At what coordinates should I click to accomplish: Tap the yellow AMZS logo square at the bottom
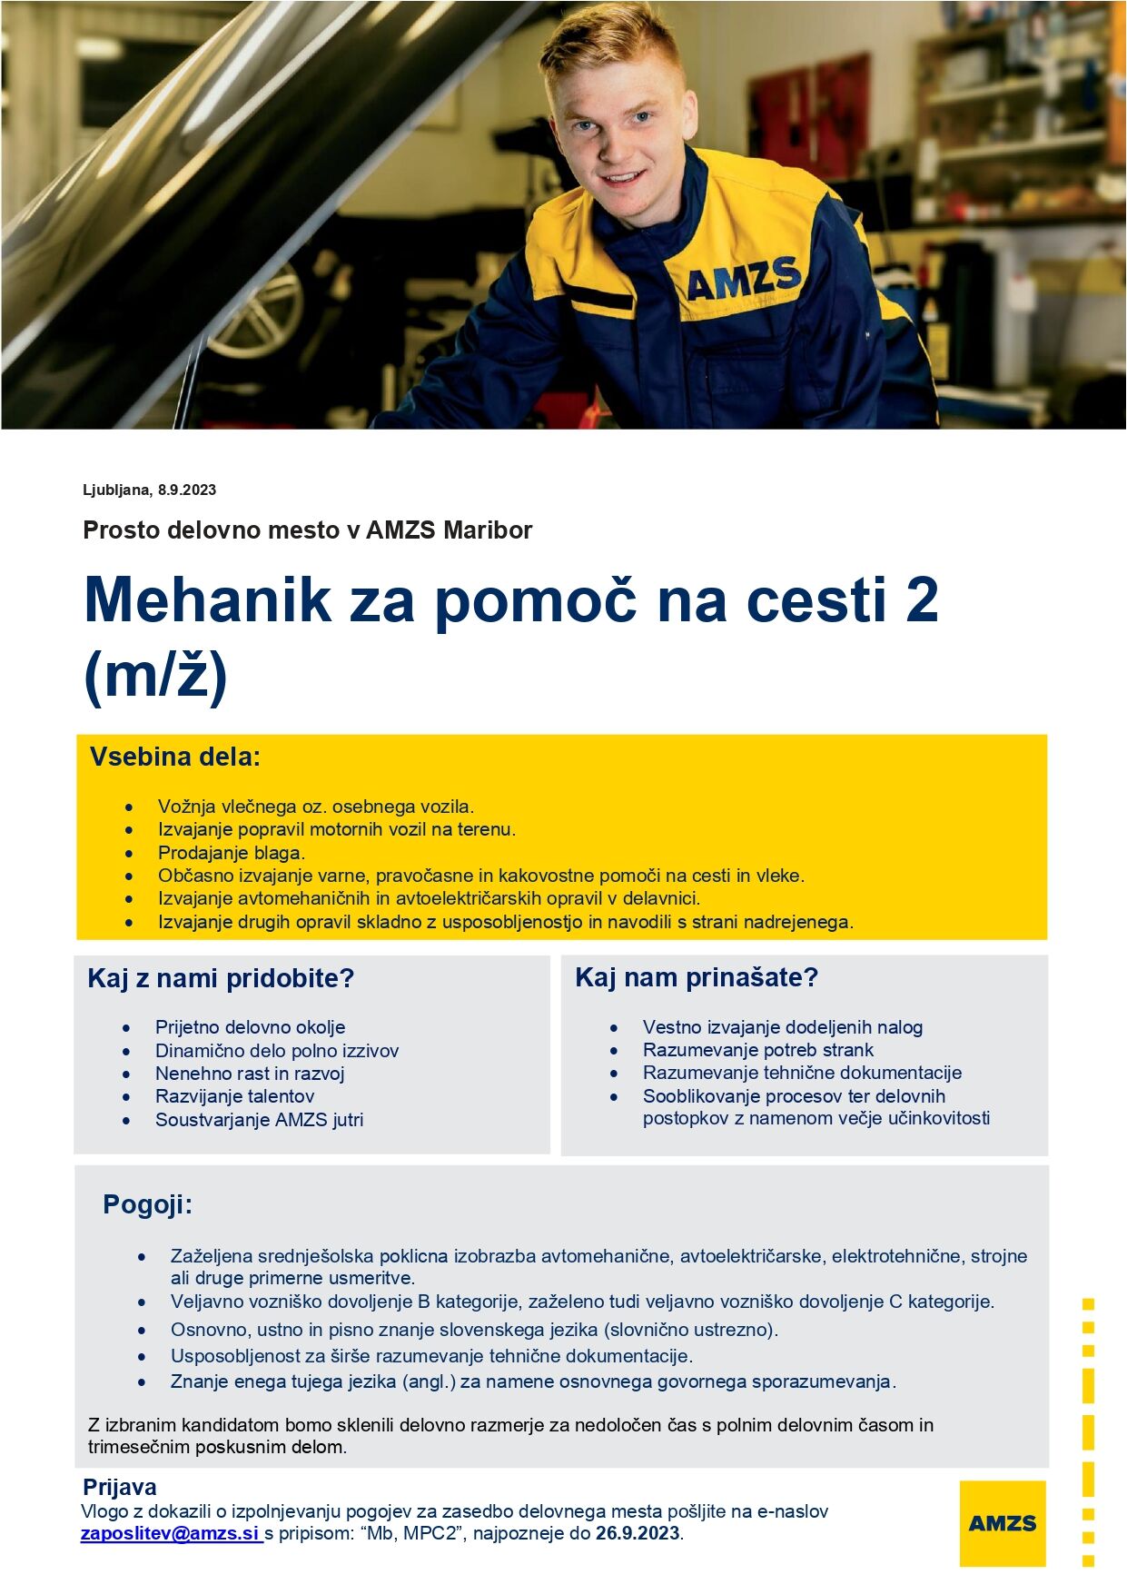pos(1002,1523)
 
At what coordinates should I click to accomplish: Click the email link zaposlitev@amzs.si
pos(170,1533)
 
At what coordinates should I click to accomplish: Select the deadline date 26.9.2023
pos(638,1533)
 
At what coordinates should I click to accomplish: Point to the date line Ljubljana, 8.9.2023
pos(150,490)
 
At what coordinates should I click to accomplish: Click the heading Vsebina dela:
pos(175,757)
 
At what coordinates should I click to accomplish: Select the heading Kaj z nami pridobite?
pos(221,978)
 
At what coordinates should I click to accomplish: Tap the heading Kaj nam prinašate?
pos(697,977)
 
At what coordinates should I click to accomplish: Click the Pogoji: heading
pos(148,1204)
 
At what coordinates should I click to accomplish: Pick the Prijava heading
pos(120,1487)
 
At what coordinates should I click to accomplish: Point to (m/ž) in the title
pos(155,675)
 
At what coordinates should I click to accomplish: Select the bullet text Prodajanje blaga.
pos(232,853)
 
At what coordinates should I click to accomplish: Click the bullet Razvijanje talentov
pos(235,1096)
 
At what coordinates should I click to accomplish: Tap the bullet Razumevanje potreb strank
pos(758,1050)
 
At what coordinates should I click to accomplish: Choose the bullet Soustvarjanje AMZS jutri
pos(260,1120)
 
